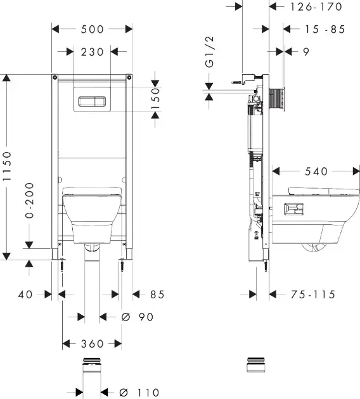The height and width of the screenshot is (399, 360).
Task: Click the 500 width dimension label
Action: point(92,29)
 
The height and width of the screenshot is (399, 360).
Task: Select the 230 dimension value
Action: point(93,52)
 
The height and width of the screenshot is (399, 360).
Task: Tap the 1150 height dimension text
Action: point(7,166)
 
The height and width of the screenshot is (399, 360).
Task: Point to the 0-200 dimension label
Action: point(30,200)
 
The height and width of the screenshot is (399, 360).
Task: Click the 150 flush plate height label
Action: point(155,98)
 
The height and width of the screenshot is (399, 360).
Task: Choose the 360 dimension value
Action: point(92,344)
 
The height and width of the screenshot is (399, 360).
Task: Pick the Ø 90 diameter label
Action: point(138,317)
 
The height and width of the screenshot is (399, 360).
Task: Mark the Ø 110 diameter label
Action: point(139,392)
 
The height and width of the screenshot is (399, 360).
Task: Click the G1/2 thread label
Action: point(209,52)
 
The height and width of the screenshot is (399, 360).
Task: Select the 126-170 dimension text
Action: point(316,7)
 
